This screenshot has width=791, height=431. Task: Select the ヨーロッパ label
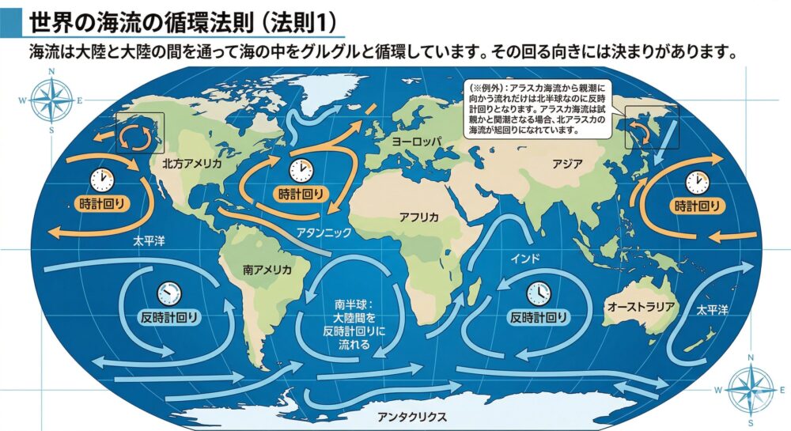click(415, 142)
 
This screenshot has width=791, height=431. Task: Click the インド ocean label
click(525, 258)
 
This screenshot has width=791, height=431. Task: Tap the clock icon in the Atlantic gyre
click(300, 169)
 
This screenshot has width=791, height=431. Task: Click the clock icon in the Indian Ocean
click(538, 293)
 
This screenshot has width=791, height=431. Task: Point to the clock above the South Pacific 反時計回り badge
click(168, 293)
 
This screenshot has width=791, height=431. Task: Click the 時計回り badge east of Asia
click(697, 206)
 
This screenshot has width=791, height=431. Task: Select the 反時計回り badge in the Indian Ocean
click(539, 318)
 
